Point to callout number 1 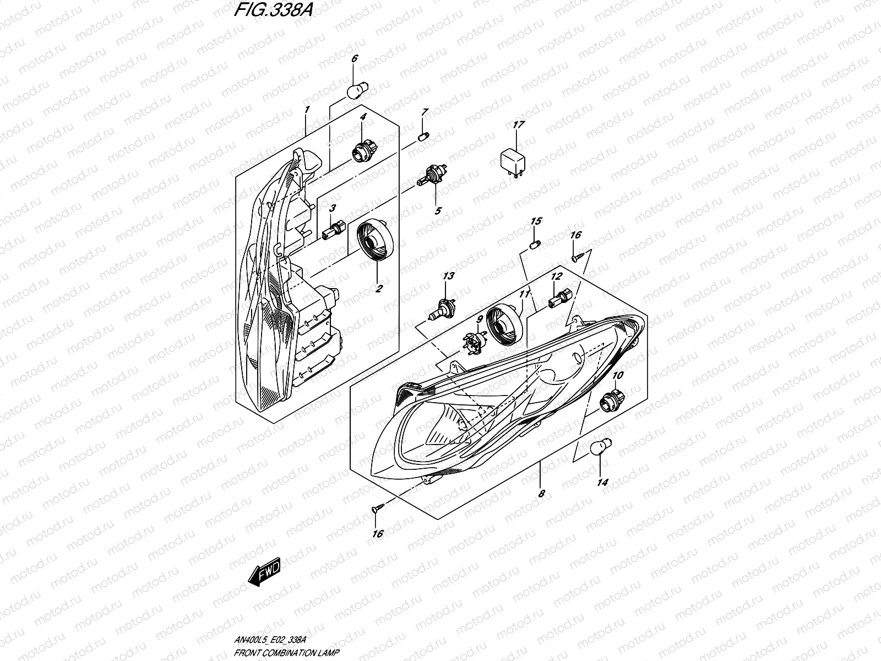click(307, 110)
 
